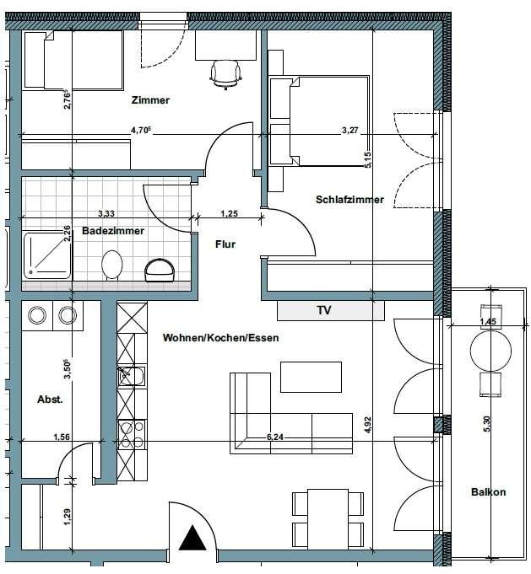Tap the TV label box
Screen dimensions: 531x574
pyautogui.click(x=331, y=311)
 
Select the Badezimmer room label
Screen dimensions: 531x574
pyautogui.click(x=113, y=231)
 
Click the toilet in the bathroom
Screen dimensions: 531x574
pyautogui.click(x=111, y=265)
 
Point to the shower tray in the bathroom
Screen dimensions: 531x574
pyautogui.click(x=47, y=255)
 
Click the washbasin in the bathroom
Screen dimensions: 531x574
pyautogui.click(x=160, y=270)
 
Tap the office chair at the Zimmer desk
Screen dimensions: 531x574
pyautogui.click(x=226, y=75)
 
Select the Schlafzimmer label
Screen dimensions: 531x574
pyautogui.click(x=349, y=200)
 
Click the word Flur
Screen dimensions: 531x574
pyautogui.click(x=225, y=244)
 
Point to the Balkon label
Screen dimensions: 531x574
pyautogui.click(x=489, y=492)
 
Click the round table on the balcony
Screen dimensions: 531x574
pyautogui.click(x=490, y=351)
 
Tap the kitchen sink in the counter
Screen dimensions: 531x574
pyautogui.click(x=132, y=376)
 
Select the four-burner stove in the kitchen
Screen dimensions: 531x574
pyautogui.click(x=132, y=435)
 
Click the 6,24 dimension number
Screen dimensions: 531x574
pyautogui.click(x=275, y=437)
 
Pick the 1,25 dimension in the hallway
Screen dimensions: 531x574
pyautogui.click(x=229, y=213)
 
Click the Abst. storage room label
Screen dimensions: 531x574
pyautogui.click(x=51, y=400)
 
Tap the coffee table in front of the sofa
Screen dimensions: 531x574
pyautogui.click(x=311, y=377)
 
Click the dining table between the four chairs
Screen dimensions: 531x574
pyautogui.click(x=328, y=519)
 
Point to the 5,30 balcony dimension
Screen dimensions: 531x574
pyautogui.click(x=486, y=424)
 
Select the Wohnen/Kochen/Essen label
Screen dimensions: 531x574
pyautogui.click(x=221, y=337)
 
